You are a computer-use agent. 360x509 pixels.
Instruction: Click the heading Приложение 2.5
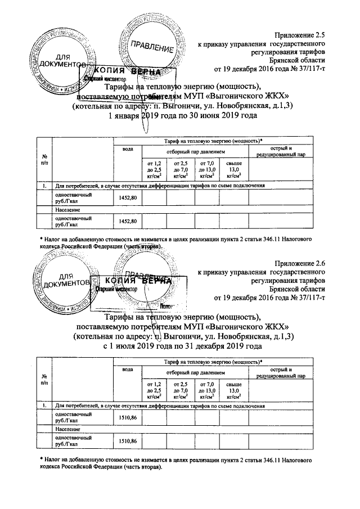(x=300, y=35)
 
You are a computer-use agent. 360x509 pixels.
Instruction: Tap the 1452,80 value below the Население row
(x=128, y=222)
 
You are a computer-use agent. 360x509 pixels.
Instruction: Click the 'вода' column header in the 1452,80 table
(x=128, y=148)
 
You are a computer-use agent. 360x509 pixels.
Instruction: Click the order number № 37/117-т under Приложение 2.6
(x=304, y=297)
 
